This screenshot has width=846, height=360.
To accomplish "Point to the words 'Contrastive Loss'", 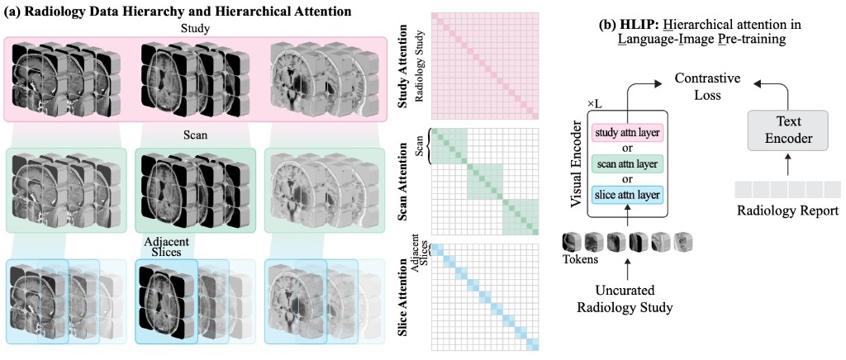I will click(x=707, y=86).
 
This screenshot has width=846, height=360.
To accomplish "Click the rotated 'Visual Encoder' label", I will click(x=577, y=162).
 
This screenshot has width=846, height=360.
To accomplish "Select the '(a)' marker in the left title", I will click(x=14, y=11).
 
